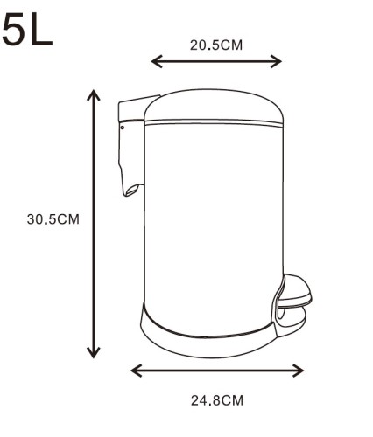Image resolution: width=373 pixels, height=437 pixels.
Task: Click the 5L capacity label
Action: (x=27, y=30)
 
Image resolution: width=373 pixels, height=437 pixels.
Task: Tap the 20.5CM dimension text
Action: (x=216, y=45)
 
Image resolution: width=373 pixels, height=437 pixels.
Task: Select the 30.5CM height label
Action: (x=53, y=219)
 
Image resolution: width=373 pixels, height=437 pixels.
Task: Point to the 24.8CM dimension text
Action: (x=217, y=400)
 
